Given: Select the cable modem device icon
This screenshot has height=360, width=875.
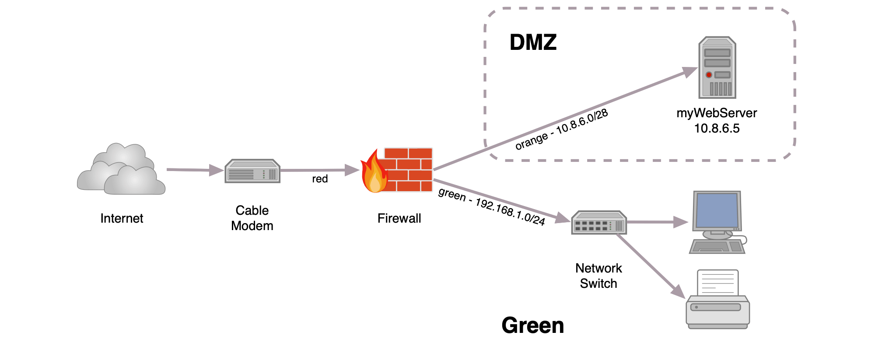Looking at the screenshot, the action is [252, 171].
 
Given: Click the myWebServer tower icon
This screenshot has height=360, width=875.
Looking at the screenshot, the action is [717, 67].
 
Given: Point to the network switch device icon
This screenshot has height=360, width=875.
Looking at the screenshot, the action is [599, 223].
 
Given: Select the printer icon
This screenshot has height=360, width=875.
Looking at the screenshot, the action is [717, 299].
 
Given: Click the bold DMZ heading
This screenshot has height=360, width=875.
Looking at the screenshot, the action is [533, 42].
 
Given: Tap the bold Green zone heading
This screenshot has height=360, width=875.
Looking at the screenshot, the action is [533, 325].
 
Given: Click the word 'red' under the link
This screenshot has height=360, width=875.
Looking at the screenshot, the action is [320, 179].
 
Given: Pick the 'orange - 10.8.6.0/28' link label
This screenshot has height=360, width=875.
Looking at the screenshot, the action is [562, 129].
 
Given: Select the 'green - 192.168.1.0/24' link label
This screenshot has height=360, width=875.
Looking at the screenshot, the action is [492, 206].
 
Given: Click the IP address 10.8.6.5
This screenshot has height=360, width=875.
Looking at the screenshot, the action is [717, 128].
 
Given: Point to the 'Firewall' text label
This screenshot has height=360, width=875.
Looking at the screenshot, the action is [399, 218].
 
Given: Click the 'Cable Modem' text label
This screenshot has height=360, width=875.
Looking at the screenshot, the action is [252, 218].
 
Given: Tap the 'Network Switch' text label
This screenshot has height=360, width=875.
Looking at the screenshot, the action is [598, 276].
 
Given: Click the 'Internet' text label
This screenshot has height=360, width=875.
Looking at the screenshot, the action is [122, 218].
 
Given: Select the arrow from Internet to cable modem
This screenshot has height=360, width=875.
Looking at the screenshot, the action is [195, 170].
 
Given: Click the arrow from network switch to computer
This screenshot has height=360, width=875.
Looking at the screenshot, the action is [658, 222].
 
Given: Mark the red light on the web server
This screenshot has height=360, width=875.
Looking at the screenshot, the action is [709, 75].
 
